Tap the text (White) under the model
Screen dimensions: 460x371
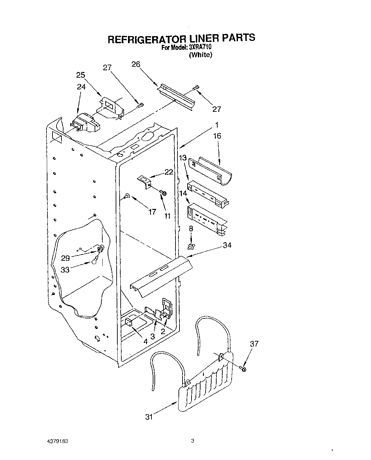(x=201, y=55)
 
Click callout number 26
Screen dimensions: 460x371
(x=136, y=64)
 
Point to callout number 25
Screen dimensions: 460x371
(x=81, y=75)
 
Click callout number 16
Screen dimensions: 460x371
(x=217, y=136)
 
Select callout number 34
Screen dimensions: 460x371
(x=227, y=245)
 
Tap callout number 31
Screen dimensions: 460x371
(x=149, y=417)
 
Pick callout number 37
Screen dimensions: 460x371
(x=254, y=344)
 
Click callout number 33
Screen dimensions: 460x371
(x=65, y=269)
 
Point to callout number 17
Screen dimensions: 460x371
(x=152, y=212)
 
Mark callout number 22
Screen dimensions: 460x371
(x=169, y=172)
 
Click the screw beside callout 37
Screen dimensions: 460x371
(x=243, y=369)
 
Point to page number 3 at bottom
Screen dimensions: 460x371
(x=192, y=441)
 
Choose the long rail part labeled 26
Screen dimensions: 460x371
(x=176, y=95)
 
